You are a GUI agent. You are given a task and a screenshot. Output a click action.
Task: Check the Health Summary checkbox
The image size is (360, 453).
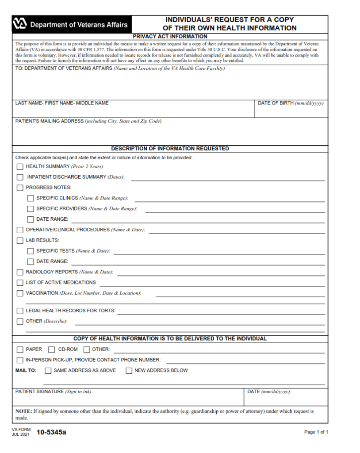20,167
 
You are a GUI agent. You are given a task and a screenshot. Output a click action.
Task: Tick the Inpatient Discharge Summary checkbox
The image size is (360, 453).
20,177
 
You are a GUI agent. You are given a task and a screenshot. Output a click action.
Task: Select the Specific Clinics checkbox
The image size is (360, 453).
31,198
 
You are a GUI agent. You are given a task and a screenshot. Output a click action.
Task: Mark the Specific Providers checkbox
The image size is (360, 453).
31,209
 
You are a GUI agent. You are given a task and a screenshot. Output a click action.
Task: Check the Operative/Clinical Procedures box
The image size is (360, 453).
20,230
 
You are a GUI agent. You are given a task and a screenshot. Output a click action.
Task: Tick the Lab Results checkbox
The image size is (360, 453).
20,241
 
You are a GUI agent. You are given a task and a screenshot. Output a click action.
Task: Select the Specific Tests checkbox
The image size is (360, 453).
31,251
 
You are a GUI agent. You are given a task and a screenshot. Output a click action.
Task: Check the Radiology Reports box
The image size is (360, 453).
20,272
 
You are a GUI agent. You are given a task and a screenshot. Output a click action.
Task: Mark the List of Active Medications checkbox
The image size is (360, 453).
20,283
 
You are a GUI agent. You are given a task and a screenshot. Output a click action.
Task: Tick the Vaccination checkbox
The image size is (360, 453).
20,293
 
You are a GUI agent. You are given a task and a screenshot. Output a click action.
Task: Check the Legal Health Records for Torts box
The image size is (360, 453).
20,311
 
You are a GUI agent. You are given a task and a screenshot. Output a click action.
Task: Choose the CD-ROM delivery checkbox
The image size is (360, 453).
52,349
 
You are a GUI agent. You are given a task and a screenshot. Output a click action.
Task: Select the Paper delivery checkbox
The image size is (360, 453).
20,349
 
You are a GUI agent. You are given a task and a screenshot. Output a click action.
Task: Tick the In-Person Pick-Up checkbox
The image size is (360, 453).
20,360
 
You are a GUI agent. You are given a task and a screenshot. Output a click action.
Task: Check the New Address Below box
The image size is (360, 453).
129,371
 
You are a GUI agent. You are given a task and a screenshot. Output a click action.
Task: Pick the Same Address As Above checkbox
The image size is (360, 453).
48,371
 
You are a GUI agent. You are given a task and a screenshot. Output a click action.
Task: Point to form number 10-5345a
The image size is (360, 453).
51,432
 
